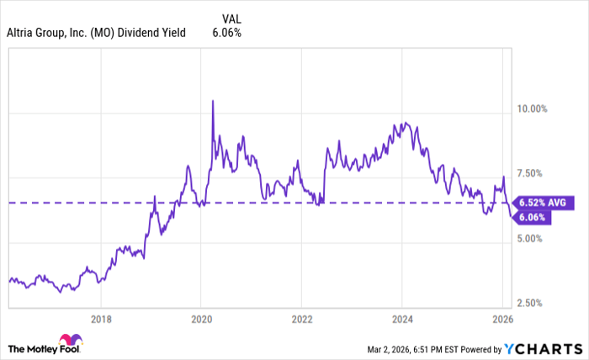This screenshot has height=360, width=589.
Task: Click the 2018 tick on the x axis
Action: tap(101, 319)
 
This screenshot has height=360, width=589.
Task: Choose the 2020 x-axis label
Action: tap(201, 319)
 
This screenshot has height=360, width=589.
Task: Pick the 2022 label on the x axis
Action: tap(302, 319)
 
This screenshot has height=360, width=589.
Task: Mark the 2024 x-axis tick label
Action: tap(402, 319)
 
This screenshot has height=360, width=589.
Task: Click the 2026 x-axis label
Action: tap(502, 319)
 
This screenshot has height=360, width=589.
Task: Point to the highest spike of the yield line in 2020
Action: tap(212, 101)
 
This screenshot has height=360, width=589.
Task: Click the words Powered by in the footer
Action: tap(476, 348)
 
